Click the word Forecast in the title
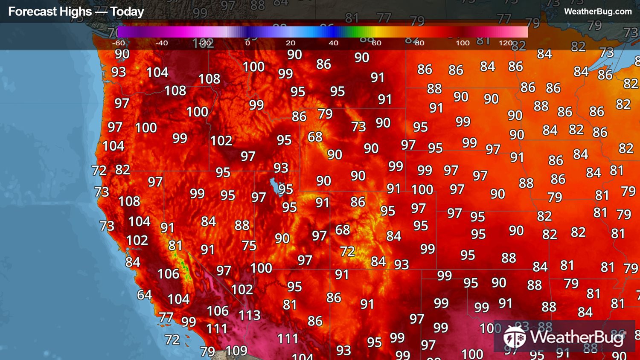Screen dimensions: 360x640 [x=29, y=12]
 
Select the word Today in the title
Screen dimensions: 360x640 [x=127, y=12]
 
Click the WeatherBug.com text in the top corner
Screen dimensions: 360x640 [x=598, y=12]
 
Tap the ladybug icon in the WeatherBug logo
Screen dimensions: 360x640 [x=514, y=337]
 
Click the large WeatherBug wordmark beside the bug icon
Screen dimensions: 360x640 [x=577, y=337]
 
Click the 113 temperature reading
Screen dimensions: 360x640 [x=249, y=315]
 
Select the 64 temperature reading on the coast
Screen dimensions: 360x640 [x=144, y=295]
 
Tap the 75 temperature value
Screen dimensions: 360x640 [x=249, y=245]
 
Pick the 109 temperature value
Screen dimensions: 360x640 [x=236, y=351]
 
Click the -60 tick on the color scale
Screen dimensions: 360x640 [x=118, y=43]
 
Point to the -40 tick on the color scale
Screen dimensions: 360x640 [x=161, y=43]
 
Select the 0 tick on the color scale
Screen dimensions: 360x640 [x=247, y=43]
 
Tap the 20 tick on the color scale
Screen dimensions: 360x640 [x=291, y=43]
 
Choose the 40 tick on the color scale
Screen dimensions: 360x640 [x=334, y=43]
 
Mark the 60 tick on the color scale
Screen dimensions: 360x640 [x=376, y=43]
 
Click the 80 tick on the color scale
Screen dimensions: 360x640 [x=419, y=43]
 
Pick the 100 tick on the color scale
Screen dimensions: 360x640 [x=463, y=43]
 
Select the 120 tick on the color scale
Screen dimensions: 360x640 [x=506, y=43]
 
